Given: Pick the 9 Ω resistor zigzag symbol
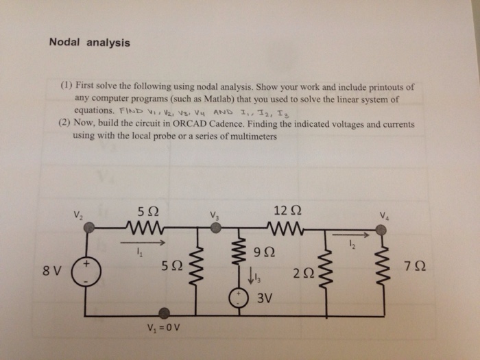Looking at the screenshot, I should pos(240,255).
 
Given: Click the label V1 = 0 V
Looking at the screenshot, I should pos(163,327).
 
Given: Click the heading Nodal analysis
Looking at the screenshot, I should pos(89,42).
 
